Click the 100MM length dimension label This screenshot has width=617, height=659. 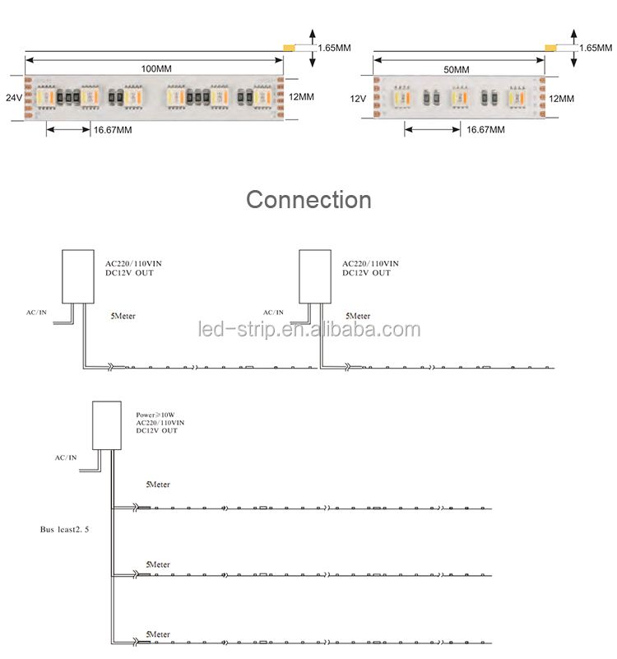(x=156, y=68)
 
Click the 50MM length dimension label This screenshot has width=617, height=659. (x=457, y=69)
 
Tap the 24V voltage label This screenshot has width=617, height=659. (x=14, y=98)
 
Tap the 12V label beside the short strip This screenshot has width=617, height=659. (x=358, y=99)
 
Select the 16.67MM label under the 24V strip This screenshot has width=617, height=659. (x=113, y=130)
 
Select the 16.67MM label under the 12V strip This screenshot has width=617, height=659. (x=485, y=129)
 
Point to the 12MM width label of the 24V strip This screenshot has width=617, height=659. (x=301, y=96)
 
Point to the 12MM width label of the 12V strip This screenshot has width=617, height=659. (x=562, y=99)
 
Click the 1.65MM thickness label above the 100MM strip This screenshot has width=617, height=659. (x=334, y=48)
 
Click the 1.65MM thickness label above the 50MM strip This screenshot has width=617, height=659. (x=596, y=48)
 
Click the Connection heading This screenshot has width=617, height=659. (x=309, y=199)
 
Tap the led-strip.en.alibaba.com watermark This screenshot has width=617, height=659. (x=309, y=329)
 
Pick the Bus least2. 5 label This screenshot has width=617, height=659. (x=64, y=529)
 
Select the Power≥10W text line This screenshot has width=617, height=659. (x=155, y=415)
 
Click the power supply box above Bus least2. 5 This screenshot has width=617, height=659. (x=107, y=425)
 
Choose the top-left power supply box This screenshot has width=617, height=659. (x=78, y=276)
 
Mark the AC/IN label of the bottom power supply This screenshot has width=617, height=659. (x=66, y=457)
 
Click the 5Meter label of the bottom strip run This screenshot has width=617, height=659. (x=158, y=634)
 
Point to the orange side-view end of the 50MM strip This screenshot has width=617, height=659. (x=550, y=48)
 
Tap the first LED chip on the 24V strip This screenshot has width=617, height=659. (x=45, y=98)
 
